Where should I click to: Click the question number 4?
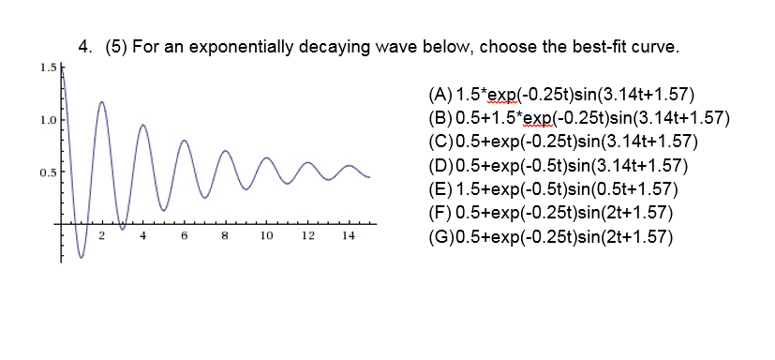(85, 46)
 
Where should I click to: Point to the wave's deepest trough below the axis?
(82, 258)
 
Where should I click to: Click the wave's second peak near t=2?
(101, 101)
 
